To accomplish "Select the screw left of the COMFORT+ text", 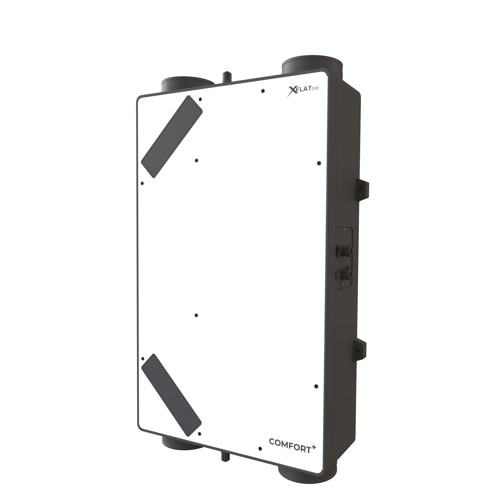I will [260, 449].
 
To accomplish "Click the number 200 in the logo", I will [315, 88].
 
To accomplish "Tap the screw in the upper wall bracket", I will [360, 189].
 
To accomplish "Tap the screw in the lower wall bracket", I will [358, 351].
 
